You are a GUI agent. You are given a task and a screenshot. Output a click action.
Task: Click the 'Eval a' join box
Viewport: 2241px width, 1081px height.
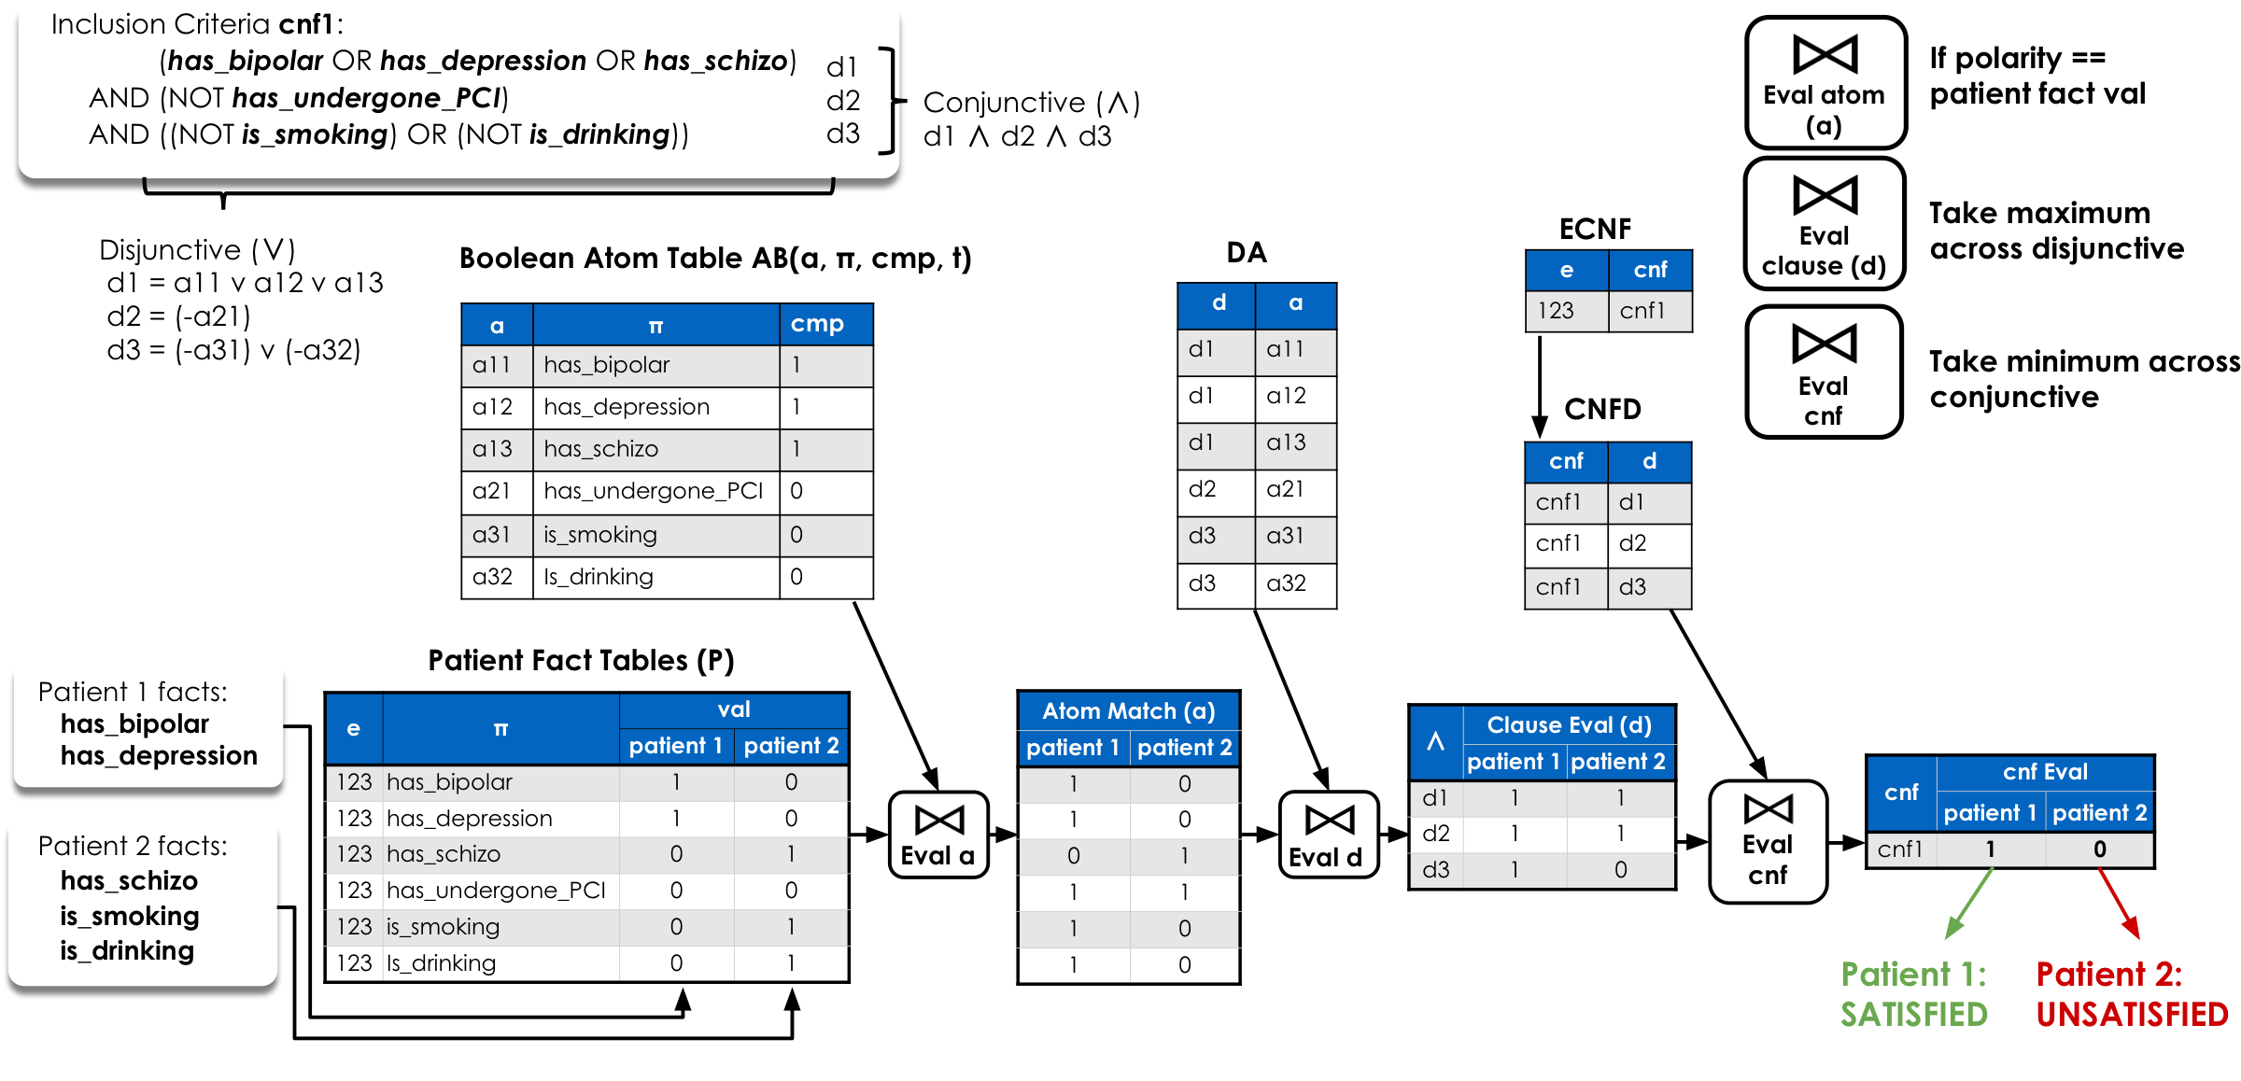click(937, 835)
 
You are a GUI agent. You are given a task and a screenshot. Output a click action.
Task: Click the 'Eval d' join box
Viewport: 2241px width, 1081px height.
click(1327, 835)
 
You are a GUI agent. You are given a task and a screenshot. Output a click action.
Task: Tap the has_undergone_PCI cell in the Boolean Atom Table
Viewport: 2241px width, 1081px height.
click(654, 491)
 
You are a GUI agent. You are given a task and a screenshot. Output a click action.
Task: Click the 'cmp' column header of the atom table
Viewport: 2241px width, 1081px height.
click(817, 324)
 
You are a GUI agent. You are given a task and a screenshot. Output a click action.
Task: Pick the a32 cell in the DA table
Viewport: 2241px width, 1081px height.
click(1286, 583)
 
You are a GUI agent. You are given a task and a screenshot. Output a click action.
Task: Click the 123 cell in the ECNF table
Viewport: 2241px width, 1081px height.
click(1557, 311)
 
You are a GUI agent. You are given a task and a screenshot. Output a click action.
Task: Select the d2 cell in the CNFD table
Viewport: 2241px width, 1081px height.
click(1633, 543)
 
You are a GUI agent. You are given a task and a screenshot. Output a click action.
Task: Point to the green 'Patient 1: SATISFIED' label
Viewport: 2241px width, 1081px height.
click(1913, 994)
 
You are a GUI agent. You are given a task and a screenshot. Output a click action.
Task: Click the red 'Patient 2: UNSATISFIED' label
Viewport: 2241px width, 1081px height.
click(2131, 994)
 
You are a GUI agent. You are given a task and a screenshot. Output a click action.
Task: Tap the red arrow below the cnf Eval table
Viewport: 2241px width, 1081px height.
click(2118, 903)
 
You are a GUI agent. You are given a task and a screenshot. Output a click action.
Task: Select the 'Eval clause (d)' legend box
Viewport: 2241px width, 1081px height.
click(1824, 224)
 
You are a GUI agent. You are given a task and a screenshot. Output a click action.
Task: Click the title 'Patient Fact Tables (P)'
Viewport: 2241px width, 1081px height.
click(581, 660)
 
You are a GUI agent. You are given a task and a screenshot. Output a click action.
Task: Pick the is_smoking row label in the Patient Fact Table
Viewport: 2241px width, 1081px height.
click(443, 927)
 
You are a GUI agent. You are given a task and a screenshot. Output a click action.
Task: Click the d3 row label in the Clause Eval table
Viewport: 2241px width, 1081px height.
click(1435, 870)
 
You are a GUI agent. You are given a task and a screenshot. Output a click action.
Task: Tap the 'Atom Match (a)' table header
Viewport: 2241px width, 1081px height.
click(1128, 711)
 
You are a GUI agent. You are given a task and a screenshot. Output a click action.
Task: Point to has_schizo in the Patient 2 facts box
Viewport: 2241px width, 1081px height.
click(129, 880)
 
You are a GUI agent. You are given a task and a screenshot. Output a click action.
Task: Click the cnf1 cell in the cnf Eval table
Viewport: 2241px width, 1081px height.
click(1900, 849)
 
